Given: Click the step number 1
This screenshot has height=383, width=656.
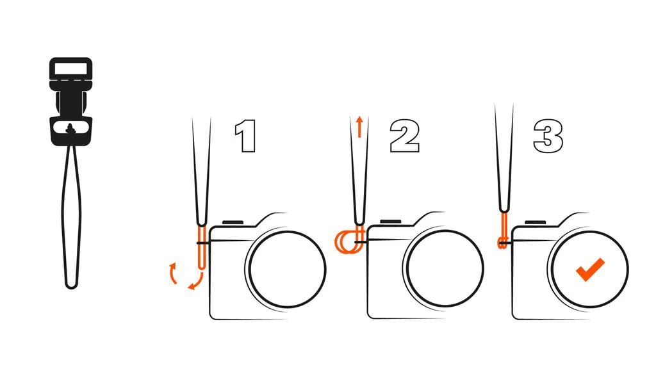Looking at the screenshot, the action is point(246,136).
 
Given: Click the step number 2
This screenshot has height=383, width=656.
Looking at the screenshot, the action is point(405,136).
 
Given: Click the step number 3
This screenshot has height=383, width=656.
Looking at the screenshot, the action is point(548,136).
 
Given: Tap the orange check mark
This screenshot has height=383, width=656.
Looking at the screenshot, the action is point(590,269).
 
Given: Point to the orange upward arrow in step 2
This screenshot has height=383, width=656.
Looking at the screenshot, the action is point(359,127).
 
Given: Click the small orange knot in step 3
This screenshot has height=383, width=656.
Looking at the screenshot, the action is point(502,243).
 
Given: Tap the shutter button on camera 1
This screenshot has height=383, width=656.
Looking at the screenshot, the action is point(233,222).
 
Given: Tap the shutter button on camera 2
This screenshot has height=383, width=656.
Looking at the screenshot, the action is point(391,222).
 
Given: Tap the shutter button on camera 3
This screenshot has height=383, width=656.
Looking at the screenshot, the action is point(535,222).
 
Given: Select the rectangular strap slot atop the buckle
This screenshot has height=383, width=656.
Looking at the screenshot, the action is point(70,68).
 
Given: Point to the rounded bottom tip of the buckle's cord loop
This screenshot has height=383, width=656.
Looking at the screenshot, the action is point(72,287).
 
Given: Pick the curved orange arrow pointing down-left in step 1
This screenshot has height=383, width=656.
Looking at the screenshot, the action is point(196,282).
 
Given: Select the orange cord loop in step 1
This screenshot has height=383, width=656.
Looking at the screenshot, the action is point(202,247).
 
